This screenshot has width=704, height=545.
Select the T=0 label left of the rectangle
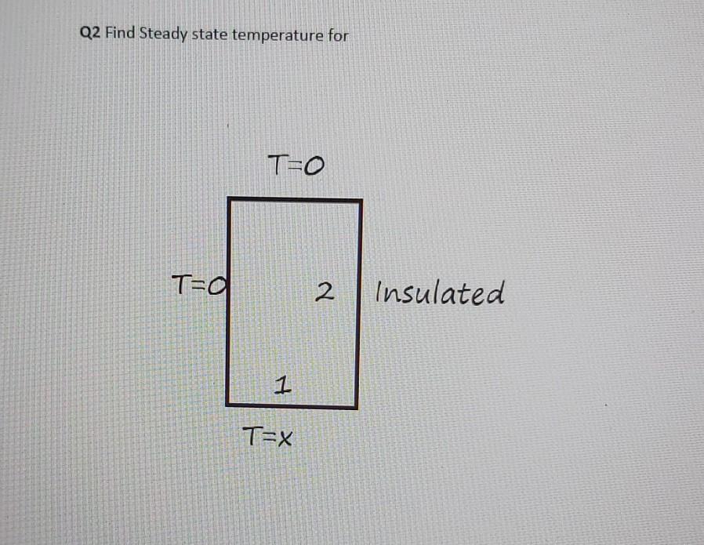(x=200, y=282)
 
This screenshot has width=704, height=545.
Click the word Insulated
(x=440, y=294)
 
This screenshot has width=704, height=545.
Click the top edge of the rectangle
(x=295, y=201)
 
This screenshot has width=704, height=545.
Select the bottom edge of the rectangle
(x=292, y=406)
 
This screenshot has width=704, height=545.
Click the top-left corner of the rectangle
(x=230, y=200)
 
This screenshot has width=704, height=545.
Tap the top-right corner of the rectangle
(x=361, y=202)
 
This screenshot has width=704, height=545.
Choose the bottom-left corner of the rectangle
(x=228, y=405)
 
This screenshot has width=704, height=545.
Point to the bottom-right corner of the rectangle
(x=358, y=407)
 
